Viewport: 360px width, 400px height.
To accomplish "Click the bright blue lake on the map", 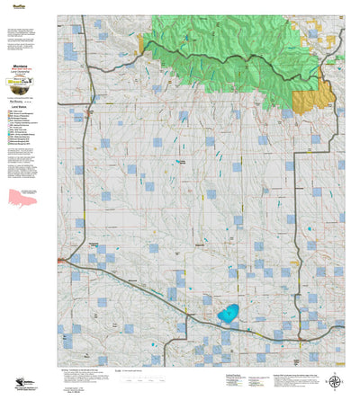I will pos(228,315).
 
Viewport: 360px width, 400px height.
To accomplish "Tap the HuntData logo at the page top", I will pos(13,4).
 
